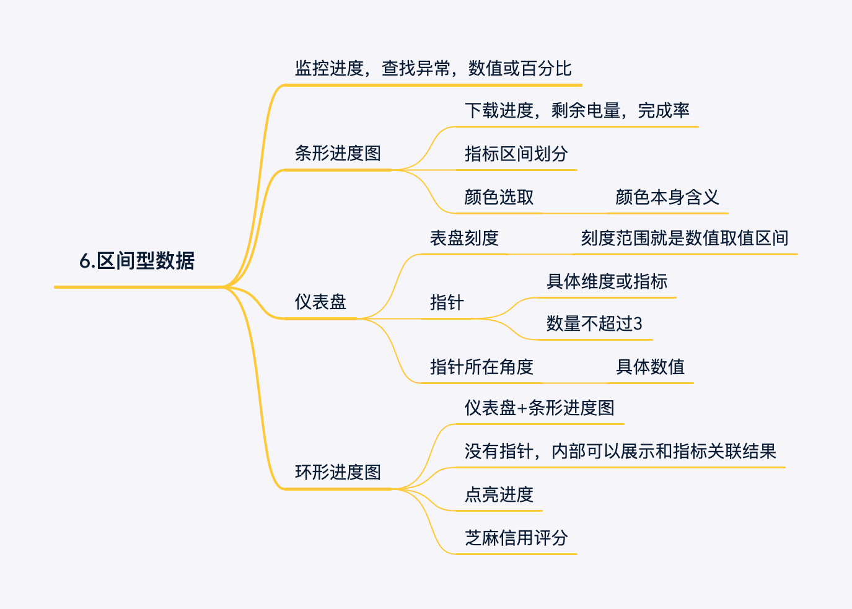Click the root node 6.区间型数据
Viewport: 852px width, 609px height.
137,261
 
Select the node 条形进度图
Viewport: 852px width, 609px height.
338,153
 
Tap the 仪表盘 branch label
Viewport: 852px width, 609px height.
320,302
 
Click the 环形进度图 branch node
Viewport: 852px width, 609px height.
338,472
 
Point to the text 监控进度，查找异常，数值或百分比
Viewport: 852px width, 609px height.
433,68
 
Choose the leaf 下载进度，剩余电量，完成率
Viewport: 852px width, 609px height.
577,110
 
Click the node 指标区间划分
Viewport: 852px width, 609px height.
516,154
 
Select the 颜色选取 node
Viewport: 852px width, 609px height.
499,197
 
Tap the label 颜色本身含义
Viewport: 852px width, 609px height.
667,197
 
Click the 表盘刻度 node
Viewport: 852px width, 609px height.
464,238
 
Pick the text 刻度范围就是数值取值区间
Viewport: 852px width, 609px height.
685,238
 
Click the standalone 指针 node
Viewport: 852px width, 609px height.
447,302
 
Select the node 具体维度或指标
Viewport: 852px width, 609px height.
607,281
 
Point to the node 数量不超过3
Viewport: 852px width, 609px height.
594,323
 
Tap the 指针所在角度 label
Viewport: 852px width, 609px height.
481,367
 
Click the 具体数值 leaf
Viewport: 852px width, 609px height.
650,367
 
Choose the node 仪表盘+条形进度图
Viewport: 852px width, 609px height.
539,408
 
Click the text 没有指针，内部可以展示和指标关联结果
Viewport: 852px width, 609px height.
620,451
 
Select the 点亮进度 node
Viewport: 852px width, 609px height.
499,494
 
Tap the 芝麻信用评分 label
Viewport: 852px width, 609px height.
516,538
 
